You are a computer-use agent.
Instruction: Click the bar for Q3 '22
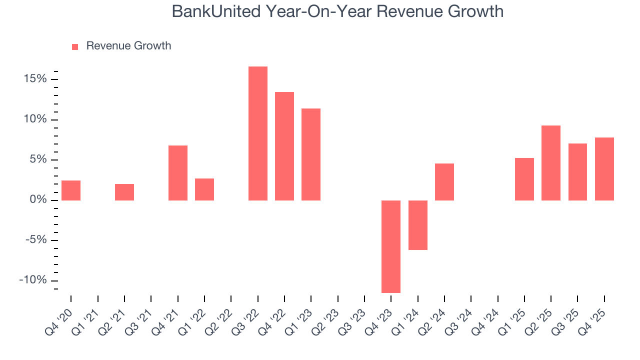coord(258,133)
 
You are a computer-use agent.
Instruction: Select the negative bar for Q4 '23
coord(391,246)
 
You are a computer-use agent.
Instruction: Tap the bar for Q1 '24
coord(418,225)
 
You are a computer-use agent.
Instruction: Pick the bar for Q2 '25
coord(551,163)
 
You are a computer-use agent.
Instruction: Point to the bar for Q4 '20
coord(71,190)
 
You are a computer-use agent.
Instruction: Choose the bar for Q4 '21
coord(178,173)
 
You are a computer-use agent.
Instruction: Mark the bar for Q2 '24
coord(444,182)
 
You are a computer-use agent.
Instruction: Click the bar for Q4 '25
coord(604,169)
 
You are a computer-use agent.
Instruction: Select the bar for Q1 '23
coord(311,154)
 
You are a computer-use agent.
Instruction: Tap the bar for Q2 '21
coord(124,192)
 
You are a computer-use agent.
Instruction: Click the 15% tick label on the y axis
coord(35,79)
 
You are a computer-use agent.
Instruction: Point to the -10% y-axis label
coord(33,280)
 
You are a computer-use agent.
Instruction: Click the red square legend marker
coord(75,46)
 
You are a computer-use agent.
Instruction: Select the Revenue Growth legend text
coord(128,46)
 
